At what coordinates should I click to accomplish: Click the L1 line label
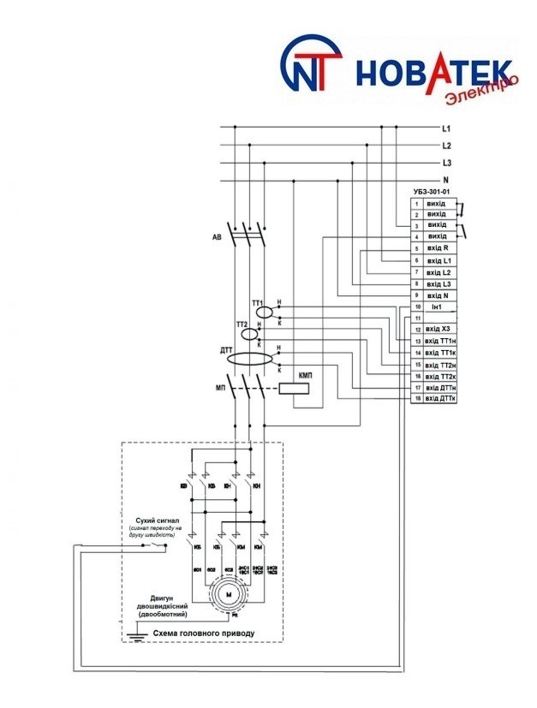(446, 128)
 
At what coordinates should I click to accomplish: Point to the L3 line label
(446, 163)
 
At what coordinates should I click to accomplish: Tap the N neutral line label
(445, 180)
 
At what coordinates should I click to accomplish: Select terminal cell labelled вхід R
(437, 247)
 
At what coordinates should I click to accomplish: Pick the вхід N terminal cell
(437, 295)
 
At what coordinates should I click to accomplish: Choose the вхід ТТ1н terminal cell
(437, 341)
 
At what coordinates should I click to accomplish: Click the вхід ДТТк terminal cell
(437, 399)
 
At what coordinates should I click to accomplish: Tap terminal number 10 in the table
(417, 306)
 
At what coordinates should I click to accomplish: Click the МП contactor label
(219, 388)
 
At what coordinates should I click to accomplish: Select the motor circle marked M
(228, 592)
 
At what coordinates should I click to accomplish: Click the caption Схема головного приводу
(203, 634)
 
